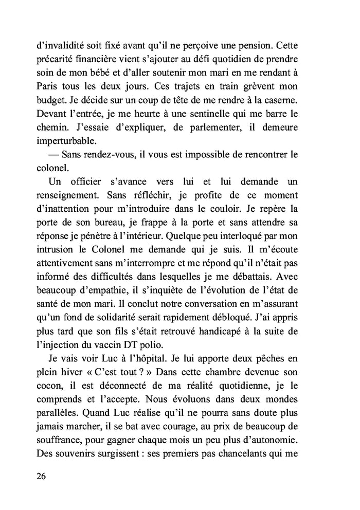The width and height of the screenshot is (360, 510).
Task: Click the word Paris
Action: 50,83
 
